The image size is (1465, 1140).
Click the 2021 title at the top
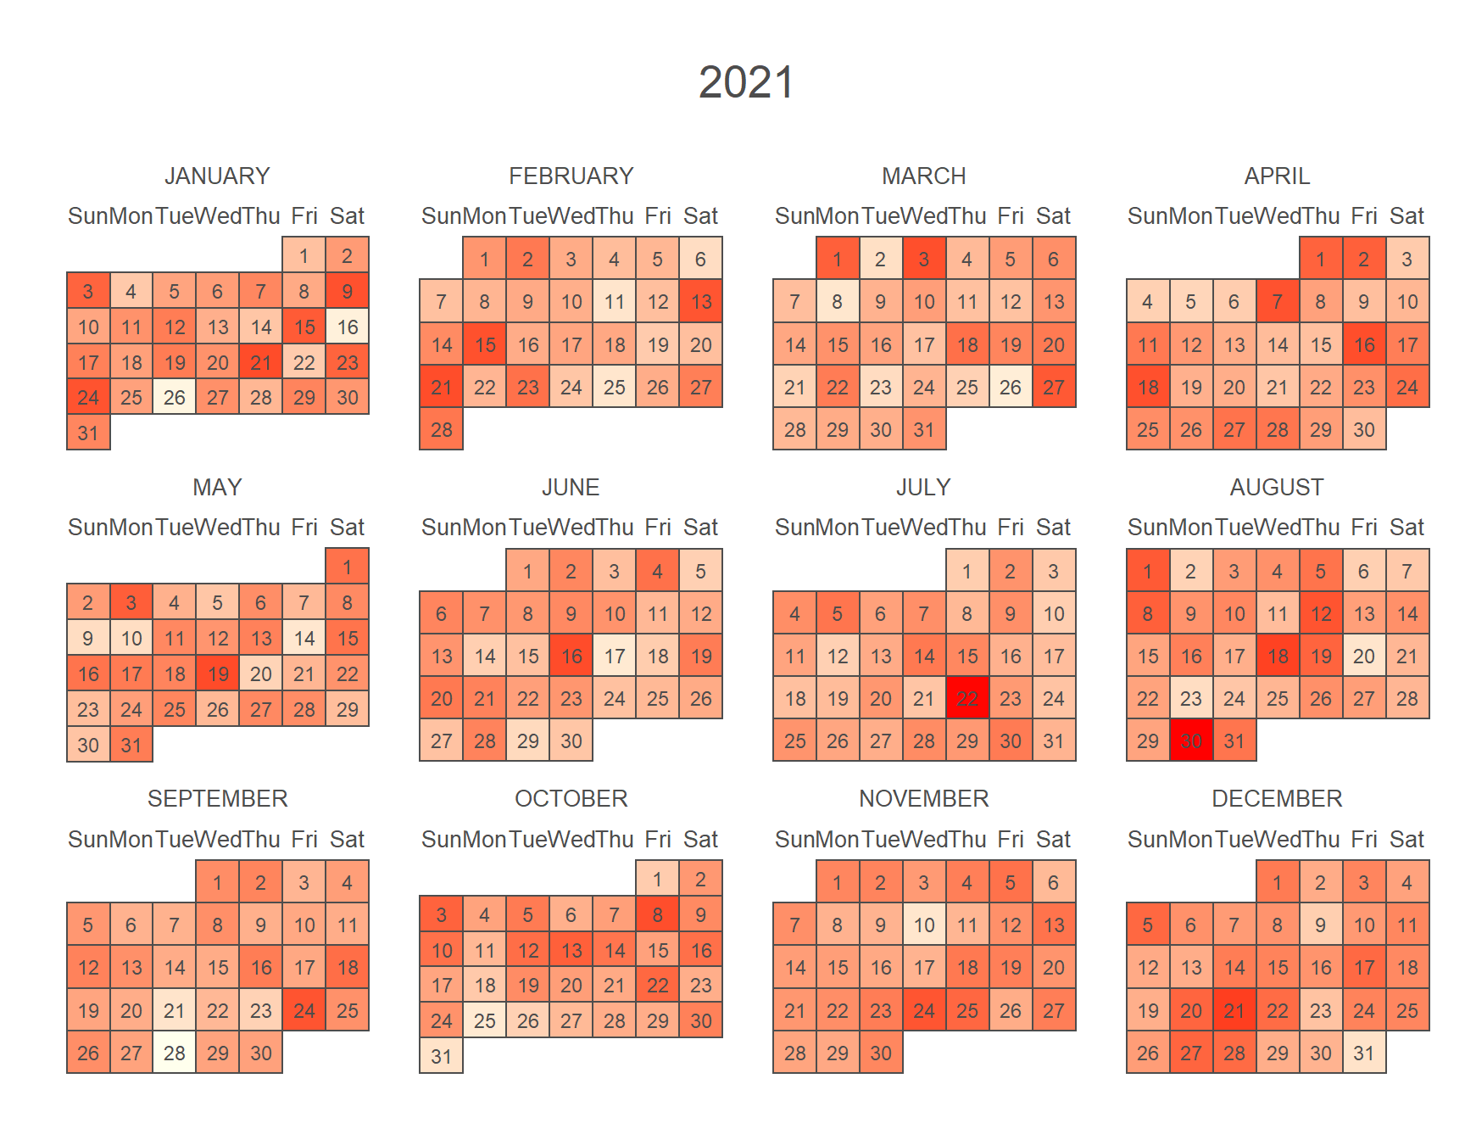coord(746,82)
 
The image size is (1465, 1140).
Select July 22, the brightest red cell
coord(967,698)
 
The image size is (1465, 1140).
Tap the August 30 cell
coord(1191,740)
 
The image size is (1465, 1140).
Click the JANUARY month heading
coord(217,176)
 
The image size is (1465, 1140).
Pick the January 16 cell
coord(348,327)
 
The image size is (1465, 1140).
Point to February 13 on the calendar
coord(701,302)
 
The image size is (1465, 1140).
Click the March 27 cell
coord(1054,388)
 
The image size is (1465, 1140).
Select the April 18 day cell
coord(1148,388)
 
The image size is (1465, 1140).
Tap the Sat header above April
coord(1407,216)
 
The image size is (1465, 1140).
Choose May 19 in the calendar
coord(218,674)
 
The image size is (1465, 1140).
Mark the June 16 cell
coord(571,656)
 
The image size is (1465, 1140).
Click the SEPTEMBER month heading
coord(217,798)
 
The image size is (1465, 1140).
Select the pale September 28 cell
coord(175,1053)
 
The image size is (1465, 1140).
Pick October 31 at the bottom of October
coord(441,1056)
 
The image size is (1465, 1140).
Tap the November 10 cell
coord(924,925)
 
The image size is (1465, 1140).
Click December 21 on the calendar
coord(1234,1010)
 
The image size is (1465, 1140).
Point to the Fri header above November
coord(1011,839)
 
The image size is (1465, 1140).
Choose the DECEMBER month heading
coord(1277,798)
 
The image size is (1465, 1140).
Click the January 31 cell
coord(88,433)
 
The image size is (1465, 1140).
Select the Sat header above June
coord(700,528)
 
